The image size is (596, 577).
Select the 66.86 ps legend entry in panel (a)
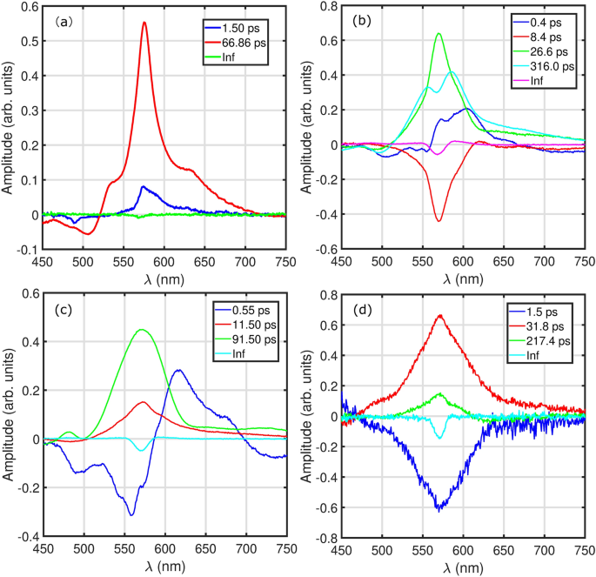[x=233, y=41]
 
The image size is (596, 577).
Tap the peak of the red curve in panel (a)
[x=144, y=23]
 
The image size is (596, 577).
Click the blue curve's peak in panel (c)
[x=178, y=370]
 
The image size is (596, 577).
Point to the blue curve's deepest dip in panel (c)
[x=131, y=514]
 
